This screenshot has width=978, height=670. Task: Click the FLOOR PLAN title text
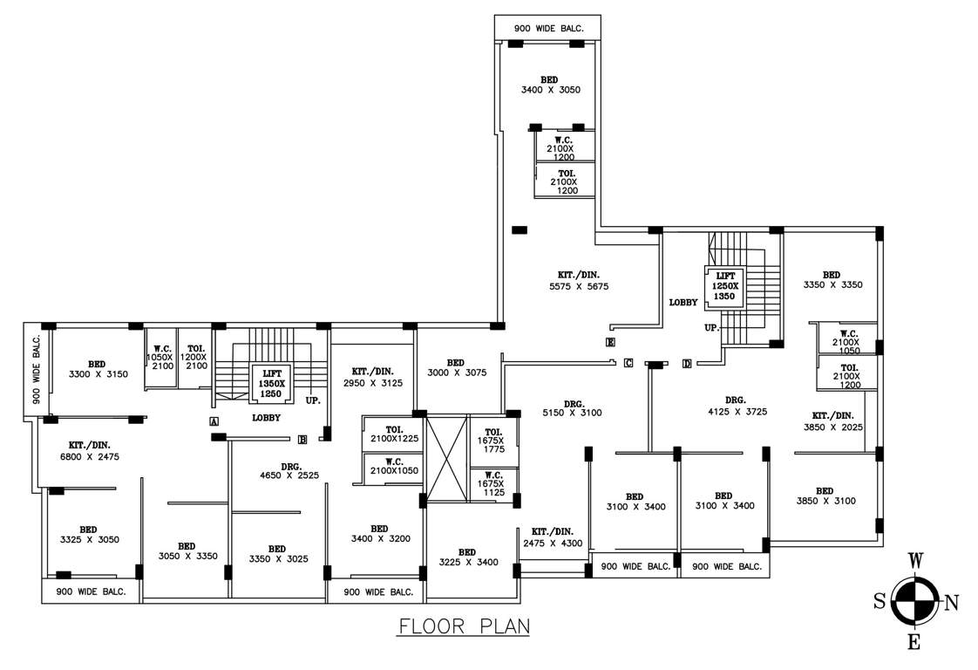(x=463, y=626)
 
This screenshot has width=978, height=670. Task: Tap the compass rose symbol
(x=914, y=601)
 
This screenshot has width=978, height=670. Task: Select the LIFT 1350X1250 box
(x=271, y=383)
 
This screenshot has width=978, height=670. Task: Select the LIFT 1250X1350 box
(x=725, y=285)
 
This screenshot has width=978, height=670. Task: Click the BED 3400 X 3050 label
(x=550, y=85)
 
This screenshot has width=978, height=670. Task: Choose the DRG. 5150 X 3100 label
(x=573, y=407)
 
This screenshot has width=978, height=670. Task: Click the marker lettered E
(x=610, y=341)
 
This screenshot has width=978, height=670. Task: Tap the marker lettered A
(x=214, y=421)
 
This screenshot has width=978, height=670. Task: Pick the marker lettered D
(x=687, y=364)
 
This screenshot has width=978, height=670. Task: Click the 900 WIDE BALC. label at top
(x=547, y=29)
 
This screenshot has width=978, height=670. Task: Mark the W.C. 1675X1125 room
(x=493, y=486)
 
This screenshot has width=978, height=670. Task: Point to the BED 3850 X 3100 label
(x=825, y=496)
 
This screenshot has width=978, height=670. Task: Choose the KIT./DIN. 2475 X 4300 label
(x=553, y=537)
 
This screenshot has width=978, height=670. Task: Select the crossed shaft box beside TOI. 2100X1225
(x=447, y=459)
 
